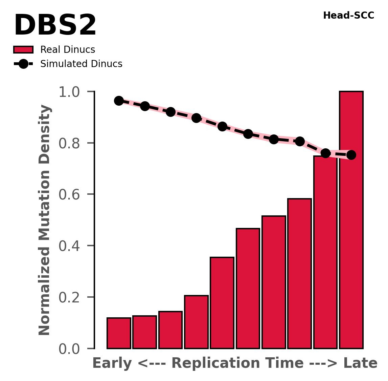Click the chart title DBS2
click(x=55, y=26)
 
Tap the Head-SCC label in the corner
click(x=348, y=16)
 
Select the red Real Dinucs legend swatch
click(x=23, y=50)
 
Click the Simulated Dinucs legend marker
click(x=23, y=64)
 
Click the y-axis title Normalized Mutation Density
click(x=45, y=220)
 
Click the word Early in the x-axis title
click(x=112, y=364)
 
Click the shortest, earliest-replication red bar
click(x=119, y=333)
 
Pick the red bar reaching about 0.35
click(x=222, y=303)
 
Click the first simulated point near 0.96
click(x=119, y=101)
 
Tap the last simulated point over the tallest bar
click(x=351, y=155)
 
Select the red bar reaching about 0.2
click(x=196, y=322)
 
